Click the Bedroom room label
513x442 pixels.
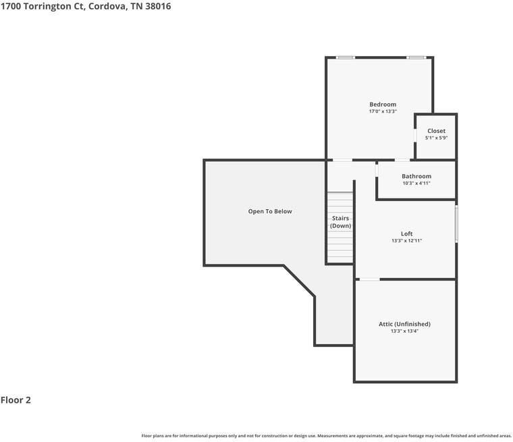[382, 104]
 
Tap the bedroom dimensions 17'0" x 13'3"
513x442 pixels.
[382, 111]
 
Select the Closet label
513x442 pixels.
[436, 130]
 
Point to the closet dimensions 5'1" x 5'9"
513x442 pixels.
[436, 138]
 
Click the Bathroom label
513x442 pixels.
[416, 176]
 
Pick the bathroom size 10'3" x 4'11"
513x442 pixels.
[416, 183]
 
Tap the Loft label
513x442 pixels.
[406, 233]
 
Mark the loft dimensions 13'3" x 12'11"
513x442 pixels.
[406, 241]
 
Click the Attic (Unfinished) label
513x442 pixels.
[404, 324]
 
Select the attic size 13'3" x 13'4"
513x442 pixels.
[404, 331]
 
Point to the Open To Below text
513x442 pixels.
[270, 211]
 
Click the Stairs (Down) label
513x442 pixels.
[340, 222]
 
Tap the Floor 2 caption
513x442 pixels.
[16, 400]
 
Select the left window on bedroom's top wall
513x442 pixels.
[346, 57]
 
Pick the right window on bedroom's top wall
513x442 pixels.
[416, 57]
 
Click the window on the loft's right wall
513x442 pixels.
[456, 224]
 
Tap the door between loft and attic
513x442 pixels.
[369, 279]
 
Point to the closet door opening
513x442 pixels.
[415, 135]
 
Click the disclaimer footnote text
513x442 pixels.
[326, 436]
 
